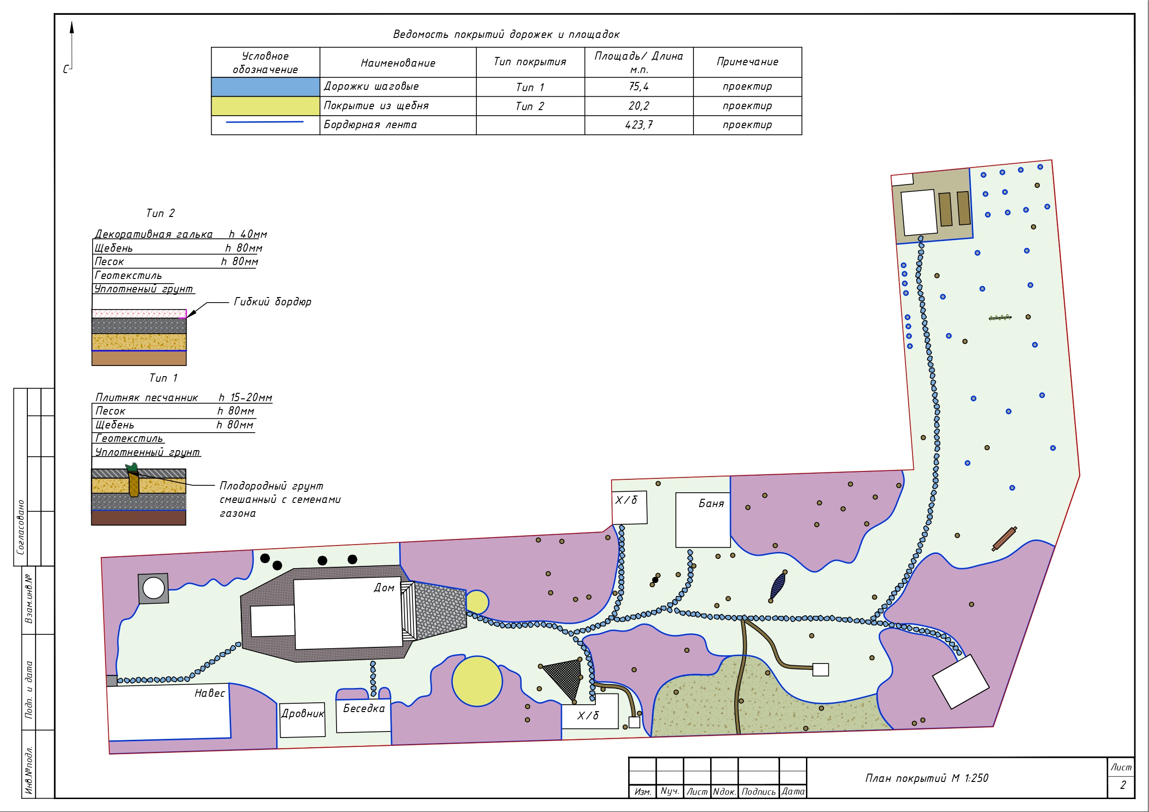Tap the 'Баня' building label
pos(711,503)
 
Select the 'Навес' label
pos(210,693)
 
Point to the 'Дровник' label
pos(303,713)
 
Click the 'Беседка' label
pos(364,708)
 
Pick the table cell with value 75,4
pos(638,87)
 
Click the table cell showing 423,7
pos(638,125)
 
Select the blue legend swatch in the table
pos(265,87)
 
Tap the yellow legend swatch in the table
pos(265,106)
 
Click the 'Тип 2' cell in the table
pos(530,106)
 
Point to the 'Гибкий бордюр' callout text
pos(273,302)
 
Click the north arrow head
pos(72,27)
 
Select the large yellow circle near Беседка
pos(477,681)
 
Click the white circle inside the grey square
pos(154,589)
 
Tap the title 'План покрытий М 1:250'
pos(927,778)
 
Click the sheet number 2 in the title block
pos(1123,785)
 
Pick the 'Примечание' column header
pos(747,62)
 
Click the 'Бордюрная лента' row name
pos(370,124)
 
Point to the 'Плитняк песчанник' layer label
pos(147,398)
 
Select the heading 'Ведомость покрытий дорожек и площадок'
pos(506,35)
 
